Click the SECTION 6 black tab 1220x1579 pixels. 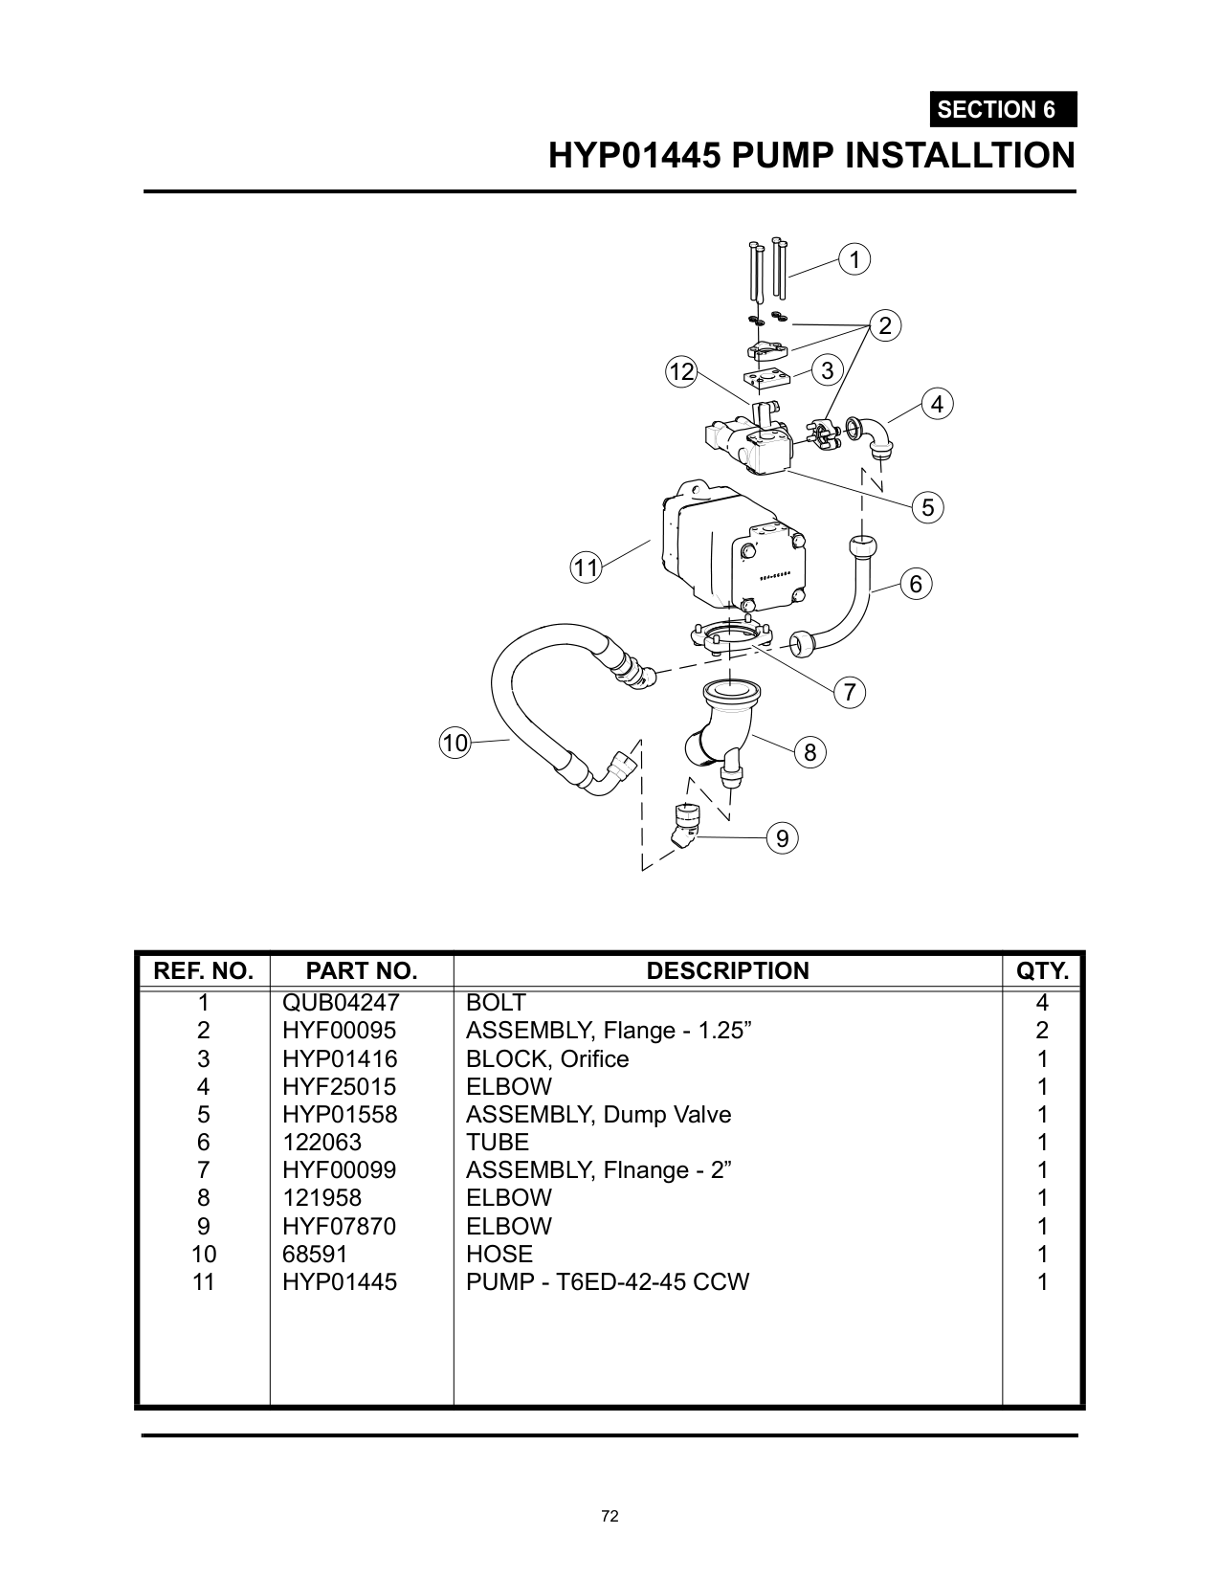pyautogui.click(x=1002, y=110)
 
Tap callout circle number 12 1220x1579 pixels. pyautogui.click(x=681, y=372)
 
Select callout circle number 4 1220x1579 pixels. pyautogui.click(x=937, y=404)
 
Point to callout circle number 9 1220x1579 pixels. pyautogui.click(x=782, y=839)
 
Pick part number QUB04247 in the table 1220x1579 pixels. pyautogui.click(x=340, y=1003)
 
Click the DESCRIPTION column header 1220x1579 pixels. pyautogui.click(x=727, y=970)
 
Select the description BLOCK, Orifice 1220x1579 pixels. pyautogui.click(x=547, y=1058)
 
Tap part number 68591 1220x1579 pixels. pyautogui.click(x=314, y=1254)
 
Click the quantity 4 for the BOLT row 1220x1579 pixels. pyautogui.click(x=1042, y=1003)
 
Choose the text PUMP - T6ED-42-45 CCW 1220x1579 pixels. pyautogui.click(x=607, y=1281)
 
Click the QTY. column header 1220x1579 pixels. pyautogui.click(x=1042, y=970)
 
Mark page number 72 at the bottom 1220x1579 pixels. pyautogui.click(x=610, y=1516)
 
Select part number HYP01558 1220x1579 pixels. pyautogui.click(x=339, y=1115)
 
